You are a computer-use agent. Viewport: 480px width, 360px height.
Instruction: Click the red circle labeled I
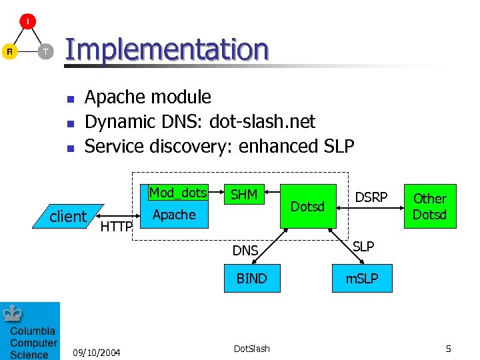click(27, 21)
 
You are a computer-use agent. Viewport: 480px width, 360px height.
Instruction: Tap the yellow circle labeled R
click(9, 51)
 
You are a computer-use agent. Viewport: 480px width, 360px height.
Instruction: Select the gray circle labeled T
click(45, 51)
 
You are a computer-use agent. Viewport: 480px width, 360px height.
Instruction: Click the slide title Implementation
click(167, 49)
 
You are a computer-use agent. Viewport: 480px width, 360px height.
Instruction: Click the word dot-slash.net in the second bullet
click(262, 121)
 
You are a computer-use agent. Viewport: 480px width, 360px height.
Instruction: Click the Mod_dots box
click(178, 193)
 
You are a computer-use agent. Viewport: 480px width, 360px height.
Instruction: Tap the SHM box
click(244, 194)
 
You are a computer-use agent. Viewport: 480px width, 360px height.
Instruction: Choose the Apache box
click(174, 215)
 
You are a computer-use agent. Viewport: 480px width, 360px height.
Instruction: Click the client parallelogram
click(68, 216)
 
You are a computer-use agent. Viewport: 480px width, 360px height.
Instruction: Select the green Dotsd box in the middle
click(307, 206)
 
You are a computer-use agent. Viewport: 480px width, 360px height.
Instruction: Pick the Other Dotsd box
click(430, 206)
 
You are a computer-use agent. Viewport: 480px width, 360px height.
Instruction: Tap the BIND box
click(251, 278)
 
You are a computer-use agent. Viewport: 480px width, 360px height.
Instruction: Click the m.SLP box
click(361, 278)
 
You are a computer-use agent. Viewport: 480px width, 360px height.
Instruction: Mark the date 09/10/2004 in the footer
click(97, 351)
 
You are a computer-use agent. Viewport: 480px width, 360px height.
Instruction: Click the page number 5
click(449, 349)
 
